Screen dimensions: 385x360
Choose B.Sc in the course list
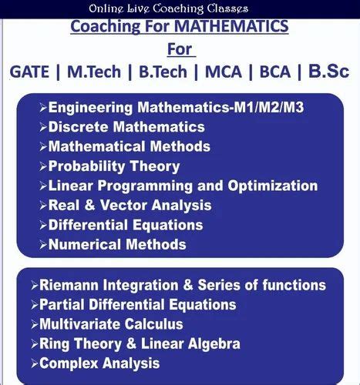click(x=328, y=71)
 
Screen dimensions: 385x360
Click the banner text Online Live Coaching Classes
click(x=168, y=8)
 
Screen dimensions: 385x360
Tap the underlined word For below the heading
click(x=179, y=49)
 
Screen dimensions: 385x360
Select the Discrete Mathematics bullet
click(x=126, y=126)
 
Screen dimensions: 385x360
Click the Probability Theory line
click(x=113, y=166)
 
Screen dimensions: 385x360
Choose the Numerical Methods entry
click(x=116, y=245)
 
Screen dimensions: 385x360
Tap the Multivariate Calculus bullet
click(x=110, y=324)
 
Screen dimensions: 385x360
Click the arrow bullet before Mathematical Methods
click(x=42, y=146)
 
